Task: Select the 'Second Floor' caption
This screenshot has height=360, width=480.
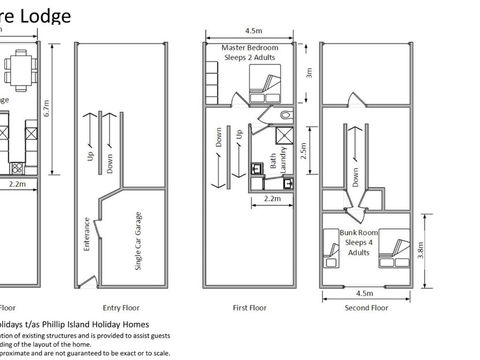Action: pos(365,308)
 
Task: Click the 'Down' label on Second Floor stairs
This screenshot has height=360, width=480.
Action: pos(356,177)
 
